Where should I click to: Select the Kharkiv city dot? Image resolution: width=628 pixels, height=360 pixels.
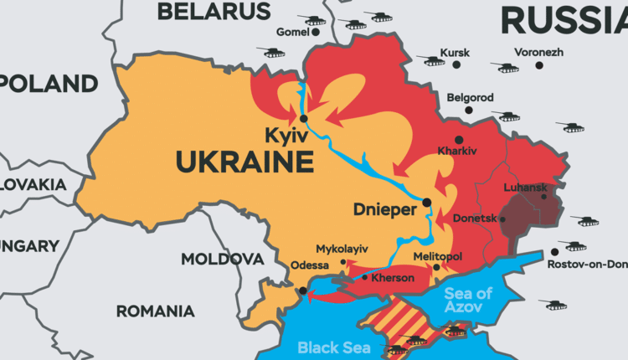click(x=458, y=139)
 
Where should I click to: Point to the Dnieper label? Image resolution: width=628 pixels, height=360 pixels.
click(x=385, y=210)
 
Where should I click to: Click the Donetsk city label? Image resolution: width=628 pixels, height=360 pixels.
click(x=475, y=218)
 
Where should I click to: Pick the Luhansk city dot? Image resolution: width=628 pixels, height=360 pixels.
click(x=544, y=196)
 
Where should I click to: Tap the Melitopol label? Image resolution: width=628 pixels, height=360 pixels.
click(x=438, y=256)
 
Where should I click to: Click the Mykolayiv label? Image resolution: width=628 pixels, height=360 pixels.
click(x=342, y=249)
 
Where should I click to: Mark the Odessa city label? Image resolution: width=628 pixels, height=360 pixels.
click(x=311, y=265)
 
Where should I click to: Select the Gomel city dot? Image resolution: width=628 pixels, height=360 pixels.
click(x=311, y=33)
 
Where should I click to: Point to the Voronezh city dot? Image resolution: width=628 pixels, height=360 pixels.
click(x=540, y=64)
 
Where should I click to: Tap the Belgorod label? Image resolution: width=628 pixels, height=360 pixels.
click(x=470, y=97)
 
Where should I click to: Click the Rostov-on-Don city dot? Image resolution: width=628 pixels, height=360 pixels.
click(x=554, y=251)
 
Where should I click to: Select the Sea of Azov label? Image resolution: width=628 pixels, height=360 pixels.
click(x=469, y=300)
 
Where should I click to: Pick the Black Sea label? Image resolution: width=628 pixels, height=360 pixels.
click(x=332, y=347)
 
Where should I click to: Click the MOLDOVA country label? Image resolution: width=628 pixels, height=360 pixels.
click(x=222, y=259)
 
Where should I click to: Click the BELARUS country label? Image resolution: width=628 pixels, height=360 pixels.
click(x=214, y=11)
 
